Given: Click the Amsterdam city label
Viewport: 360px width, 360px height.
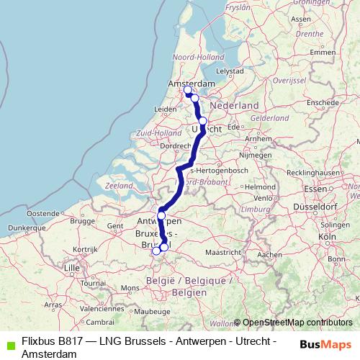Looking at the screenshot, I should click(x=192, y=84).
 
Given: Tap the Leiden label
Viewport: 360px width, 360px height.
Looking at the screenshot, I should click(x=166, y=109).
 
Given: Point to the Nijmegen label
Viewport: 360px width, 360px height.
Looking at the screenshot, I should click(x=254, y=155).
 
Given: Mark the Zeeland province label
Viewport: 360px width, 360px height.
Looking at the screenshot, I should click(x=119, y=186).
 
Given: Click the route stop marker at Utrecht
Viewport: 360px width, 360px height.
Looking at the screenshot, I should click(x=203, y=121).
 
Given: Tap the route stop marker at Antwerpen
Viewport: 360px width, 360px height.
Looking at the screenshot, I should click(x=161, y=215).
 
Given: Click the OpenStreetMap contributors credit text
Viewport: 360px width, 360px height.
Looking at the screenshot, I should click(x=294, y=323).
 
